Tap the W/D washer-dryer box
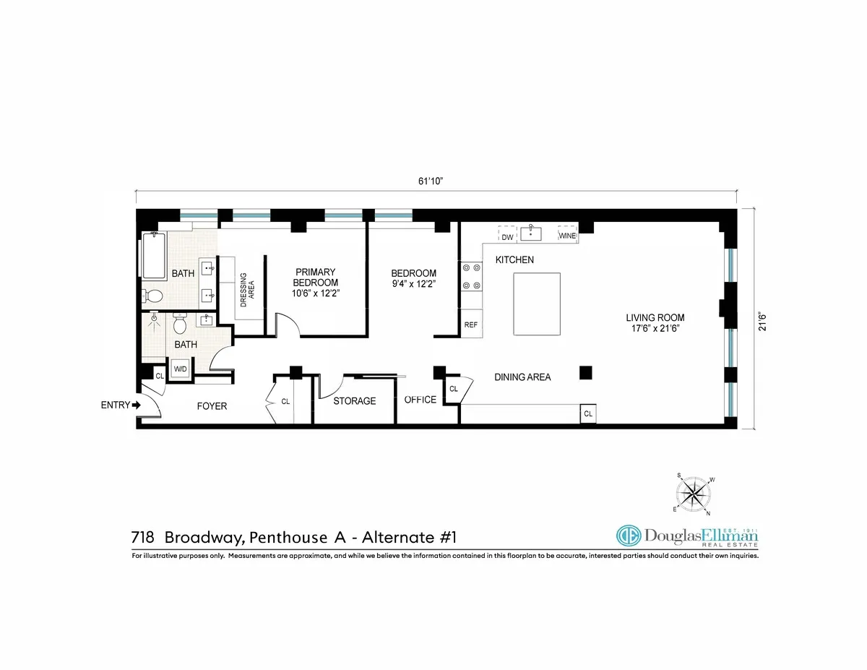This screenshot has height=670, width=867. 180,369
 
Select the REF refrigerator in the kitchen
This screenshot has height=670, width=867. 471,325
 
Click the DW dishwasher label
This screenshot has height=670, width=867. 507,236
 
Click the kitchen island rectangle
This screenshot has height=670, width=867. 537,304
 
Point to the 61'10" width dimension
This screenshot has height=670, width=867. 430,181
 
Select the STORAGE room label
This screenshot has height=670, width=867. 354,400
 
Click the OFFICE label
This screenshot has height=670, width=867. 420,400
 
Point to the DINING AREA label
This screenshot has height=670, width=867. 522,377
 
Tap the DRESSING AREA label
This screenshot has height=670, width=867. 248,290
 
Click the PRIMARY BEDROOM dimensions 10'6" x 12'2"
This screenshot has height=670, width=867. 316,292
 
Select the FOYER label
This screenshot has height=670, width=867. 212,406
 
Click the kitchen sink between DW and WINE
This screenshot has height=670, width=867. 533,233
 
